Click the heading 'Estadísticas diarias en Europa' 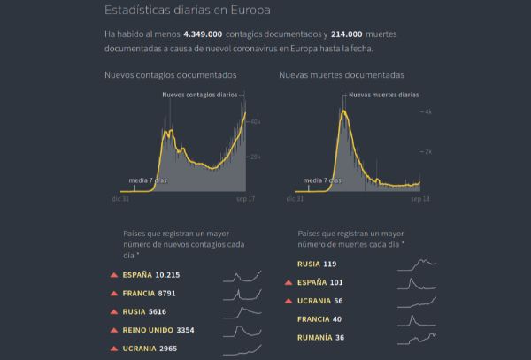pos(188,11)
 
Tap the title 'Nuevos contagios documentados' pos(170,75)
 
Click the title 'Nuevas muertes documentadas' pos(341,75)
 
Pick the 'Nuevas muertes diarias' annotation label pos(383,95)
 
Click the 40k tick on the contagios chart pos(255,121)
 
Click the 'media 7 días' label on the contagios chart pos(148,180)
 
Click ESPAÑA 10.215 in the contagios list pos(150,275)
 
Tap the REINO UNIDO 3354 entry pos(158,330)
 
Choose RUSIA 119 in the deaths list pos(317,264)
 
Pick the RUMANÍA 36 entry pos(321,337)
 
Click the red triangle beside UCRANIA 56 pos(289,301)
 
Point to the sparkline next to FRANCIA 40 pos(417,319)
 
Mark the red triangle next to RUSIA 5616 pos(113,311)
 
